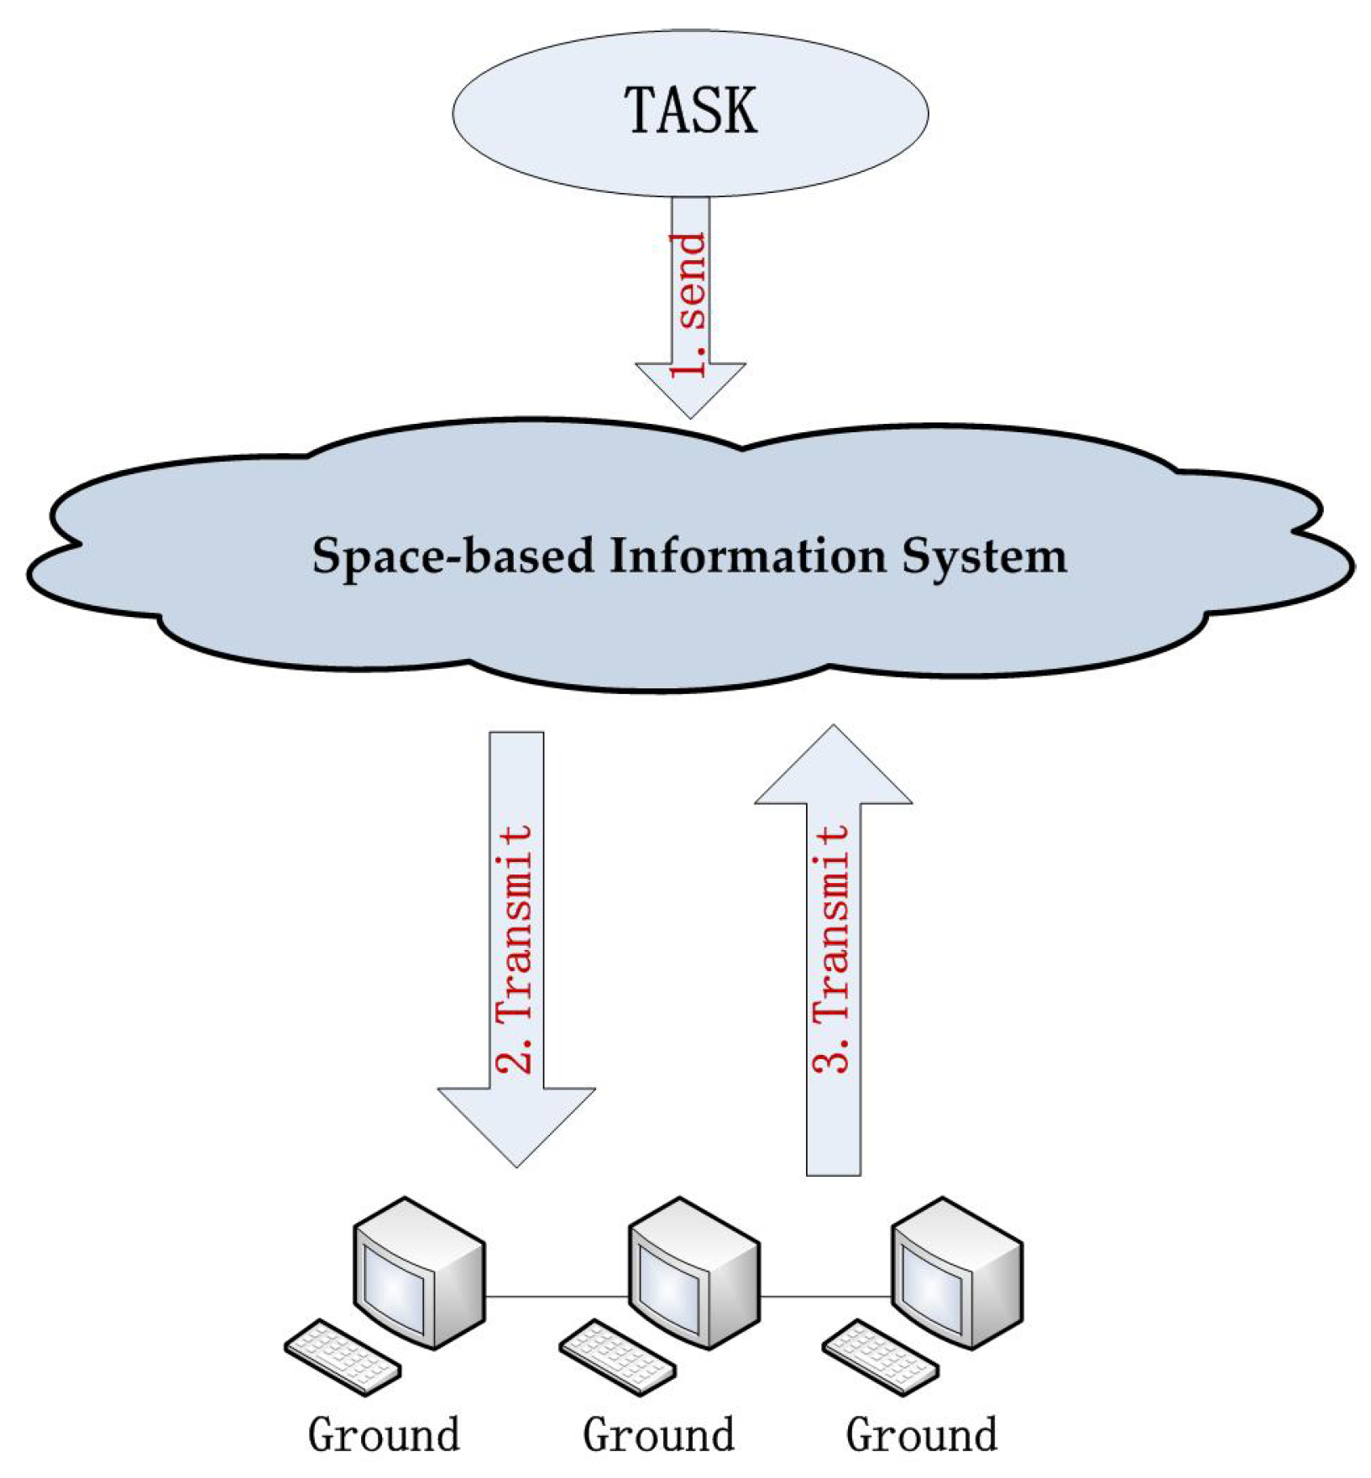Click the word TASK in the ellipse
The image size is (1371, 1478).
click(690, 111)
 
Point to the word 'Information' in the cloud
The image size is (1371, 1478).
click(747, 555)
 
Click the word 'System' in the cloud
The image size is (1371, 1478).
click(984, 556)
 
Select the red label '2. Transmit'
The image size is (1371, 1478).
click(515, 948)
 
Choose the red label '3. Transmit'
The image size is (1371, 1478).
click(832, 948)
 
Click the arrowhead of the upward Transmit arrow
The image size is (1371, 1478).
click(833, 768)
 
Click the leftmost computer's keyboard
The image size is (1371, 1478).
click(343, 1356)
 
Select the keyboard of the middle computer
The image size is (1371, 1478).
click(617, 1356)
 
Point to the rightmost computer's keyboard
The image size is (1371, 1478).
click(880, 1356)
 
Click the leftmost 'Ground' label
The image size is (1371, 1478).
click(384, 1435)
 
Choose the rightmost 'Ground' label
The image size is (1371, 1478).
click(921, 1435)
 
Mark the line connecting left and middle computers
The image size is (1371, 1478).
click(557, 1297)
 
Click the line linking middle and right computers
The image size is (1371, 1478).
click(825, 1297)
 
